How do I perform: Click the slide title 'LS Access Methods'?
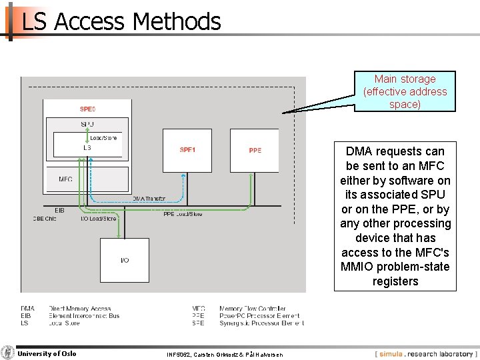(121, 22)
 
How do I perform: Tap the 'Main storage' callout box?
(405, 92)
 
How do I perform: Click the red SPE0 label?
(87, 109)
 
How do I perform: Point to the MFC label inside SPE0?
(65, 179)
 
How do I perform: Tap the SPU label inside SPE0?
(87, 125)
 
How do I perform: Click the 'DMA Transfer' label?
(149, 199)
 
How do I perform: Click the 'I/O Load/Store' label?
(98, 219)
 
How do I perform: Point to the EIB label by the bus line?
(59, 210)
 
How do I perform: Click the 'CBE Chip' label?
(45, 219)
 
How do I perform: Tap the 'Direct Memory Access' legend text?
(79, 309)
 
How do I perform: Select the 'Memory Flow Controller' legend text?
(252, 309)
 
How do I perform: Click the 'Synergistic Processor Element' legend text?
(261, 323)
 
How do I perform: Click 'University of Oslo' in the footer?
(47, 353)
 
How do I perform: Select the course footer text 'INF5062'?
(178, 355)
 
